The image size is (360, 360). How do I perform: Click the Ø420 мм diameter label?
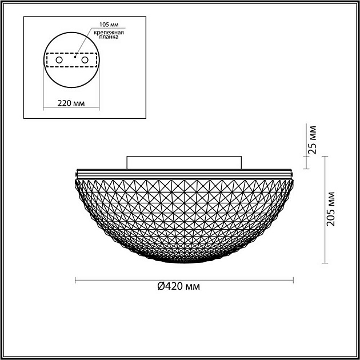click(179, 286)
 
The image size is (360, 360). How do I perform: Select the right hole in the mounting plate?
click(85, 59)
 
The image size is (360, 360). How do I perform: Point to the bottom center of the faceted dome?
click(185, 262)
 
